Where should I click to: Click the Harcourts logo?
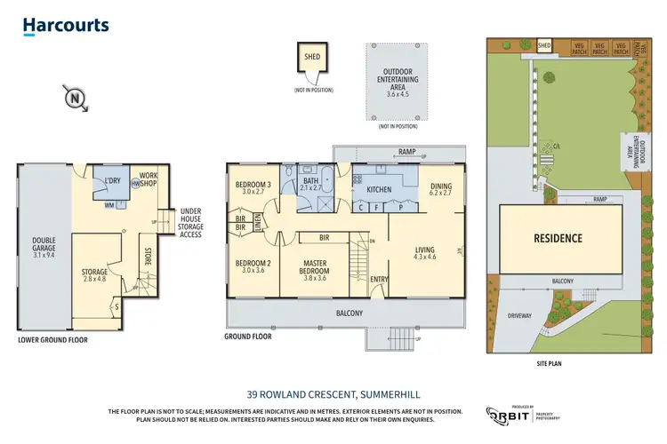(x=67, y=27)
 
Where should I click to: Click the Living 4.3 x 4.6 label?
(x=426, y=254)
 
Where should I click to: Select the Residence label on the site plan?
(x=558, y=238)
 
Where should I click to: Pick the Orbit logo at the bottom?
(x=510, y=416)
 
